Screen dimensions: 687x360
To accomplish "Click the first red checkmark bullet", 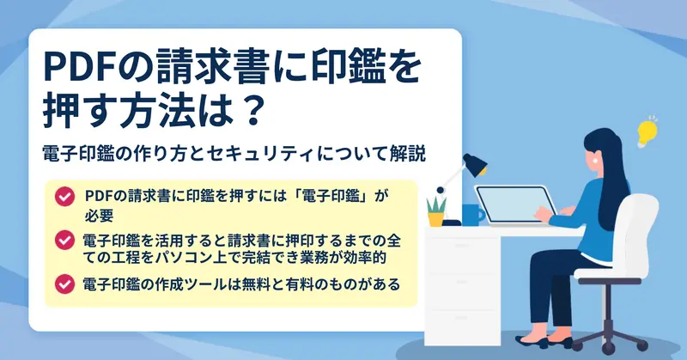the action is click(x=64, y=196).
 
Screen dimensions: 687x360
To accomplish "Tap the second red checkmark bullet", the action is click(x=64, y=240).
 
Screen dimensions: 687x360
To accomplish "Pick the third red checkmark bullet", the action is click(x=64, y=284).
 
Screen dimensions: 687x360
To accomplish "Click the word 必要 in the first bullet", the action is click(x=100, y=216).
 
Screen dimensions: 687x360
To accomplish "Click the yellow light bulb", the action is click(x=647, y=132).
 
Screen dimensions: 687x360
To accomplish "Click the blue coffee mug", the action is click(x=472, y=215).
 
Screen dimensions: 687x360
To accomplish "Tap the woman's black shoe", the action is click(x=531, y=342).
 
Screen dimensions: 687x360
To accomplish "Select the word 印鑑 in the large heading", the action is click(x=338, y=68).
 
